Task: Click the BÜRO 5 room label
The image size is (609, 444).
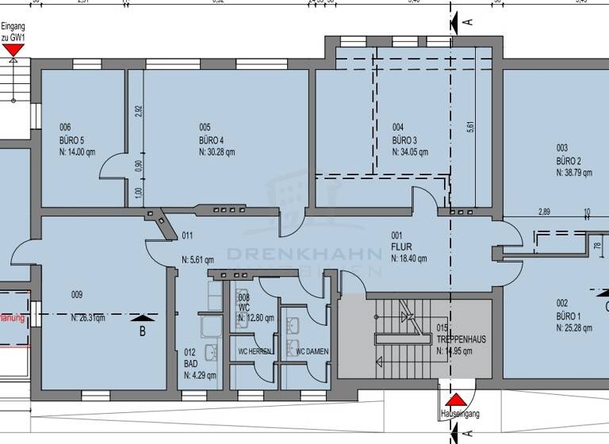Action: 72,140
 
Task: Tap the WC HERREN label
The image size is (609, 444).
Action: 255,351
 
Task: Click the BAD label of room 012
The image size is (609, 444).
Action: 190,363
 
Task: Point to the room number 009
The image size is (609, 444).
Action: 77,295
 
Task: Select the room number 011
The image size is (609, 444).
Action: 187,235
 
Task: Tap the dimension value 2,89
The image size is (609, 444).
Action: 544,212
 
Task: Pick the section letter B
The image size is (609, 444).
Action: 143,331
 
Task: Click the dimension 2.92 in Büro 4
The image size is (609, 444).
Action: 138,111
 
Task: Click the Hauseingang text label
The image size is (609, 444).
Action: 459,414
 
